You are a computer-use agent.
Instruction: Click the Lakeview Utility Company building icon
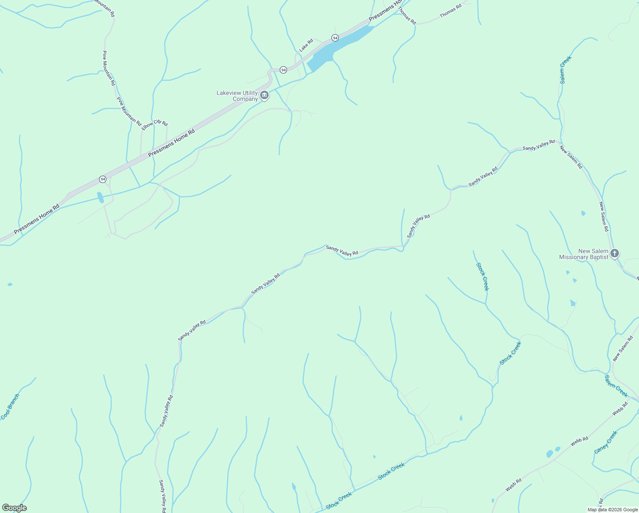(x=264, y=95)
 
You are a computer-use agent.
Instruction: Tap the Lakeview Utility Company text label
(x=237, y=96)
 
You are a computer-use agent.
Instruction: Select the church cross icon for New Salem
(x=615, y=254)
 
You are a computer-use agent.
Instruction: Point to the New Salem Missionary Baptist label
(x=583, y=254)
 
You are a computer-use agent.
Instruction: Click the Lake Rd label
(x=306, y=45)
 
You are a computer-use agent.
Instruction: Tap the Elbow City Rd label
(x=155, y=124)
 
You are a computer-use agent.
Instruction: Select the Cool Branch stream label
(x=10, y=407)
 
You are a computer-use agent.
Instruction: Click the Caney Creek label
(x=606, y=442)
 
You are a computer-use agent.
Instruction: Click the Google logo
(x=14, y=508)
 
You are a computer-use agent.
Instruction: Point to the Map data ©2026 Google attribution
(x=612, y=510)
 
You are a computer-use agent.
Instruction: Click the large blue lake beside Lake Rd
(x=337, y=47)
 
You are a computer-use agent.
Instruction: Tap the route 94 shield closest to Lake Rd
(x=335, y=38)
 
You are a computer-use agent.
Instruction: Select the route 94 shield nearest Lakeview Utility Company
(x=283, y=70)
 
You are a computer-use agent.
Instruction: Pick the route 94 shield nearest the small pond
(x=103, y=179)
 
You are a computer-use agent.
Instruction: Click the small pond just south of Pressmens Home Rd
(x=100, y=197)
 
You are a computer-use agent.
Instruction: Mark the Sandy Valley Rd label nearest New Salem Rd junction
(x=539, y=145)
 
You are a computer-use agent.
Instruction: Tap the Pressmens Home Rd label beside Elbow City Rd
(x=171, y=143)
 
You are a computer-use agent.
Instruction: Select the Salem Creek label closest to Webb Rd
(x=616, y=386)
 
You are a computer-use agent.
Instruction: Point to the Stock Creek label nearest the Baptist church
(x=482, y=277)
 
